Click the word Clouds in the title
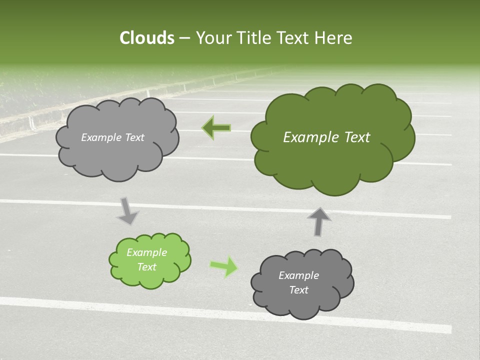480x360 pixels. coord(146,38)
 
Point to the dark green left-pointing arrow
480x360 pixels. coord(216,128)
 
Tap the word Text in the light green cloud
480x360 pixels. coord(147,267)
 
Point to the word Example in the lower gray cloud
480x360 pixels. coord(298,275)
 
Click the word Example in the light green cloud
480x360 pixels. coord(147,252)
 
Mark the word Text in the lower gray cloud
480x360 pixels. coord(298,290)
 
